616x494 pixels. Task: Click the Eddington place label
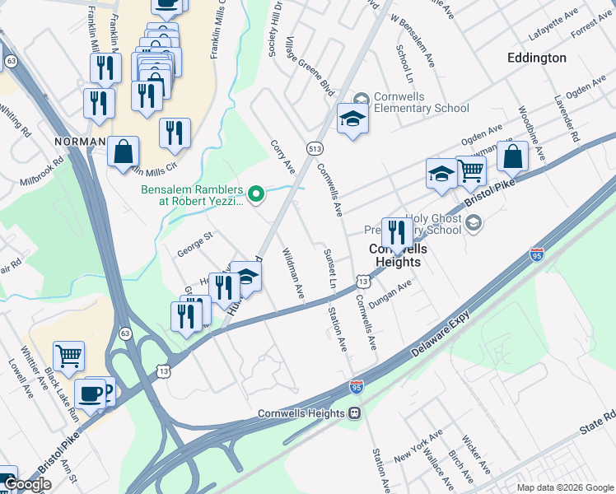point(537,58)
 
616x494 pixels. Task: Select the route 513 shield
point(316,148)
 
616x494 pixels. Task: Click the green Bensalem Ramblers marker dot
point(257,194)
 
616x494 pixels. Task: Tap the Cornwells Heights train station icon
point(355,412)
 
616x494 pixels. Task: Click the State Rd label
point(596,429)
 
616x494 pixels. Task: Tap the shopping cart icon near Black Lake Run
point(68,355)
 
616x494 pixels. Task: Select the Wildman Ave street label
point(294,274)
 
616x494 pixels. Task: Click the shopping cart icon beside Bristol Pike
point(470,170)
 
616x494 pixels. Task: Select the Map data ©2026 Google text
point(565,487)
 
